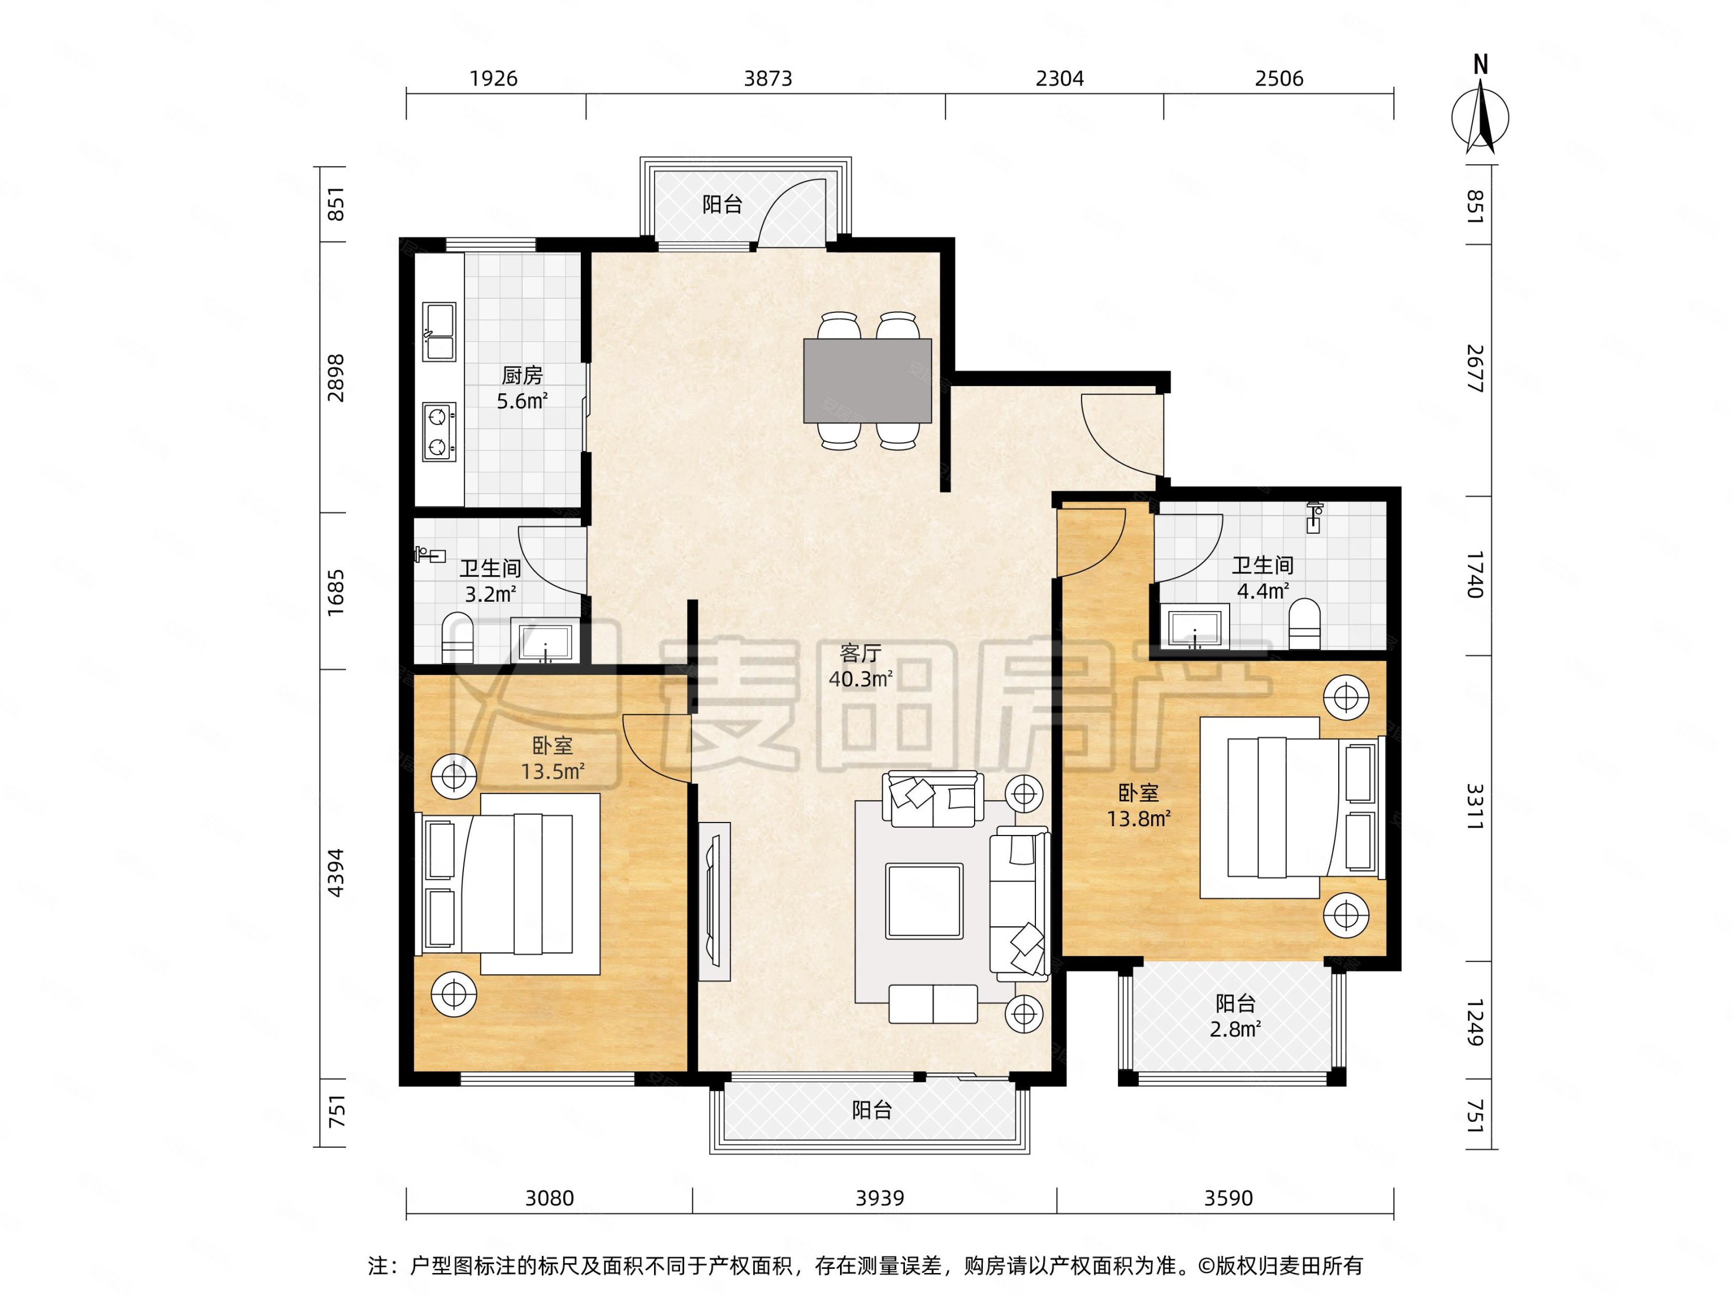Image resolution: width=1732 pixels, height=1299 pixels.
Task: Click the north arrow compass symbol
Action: click(1480, 118)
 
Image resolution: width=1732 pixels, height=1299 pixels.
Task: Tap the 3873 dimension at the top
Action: click(767, 79)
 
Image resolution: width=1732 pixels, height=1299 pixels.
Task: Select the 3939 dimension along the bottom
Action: click(880, 1198)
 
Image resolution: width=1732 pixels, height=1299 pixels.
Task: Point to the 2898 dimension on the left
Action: click(336, 378)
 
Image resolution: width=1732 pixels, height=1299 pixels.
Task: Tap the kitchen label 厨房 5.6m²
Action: click(522, 387)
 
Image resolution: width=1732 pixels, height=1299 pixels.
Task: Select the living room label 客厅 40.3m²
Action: click(861, 665)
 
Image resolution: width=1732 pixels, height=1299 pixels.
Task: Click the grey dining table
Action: click(868, 380)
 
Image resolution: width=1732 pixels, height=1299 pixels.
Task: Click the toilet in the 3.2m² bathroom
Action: click(458, 638)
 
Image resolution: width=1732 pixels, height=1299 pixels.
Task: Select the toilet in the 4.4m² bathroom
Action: click(1305, 624)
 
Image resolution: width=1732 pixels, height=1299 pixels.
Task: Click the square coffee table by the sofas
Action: click(924, 901)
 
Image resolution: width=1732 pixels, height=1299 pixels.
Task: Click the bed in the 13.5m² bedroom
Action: click(509, 884)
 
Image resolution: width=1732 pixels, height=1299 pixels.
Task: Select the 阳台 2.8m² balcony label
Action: click(1235, 1016)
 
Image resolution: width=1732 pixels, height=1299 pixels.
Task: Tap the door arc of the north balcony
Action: click(791, 211)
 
